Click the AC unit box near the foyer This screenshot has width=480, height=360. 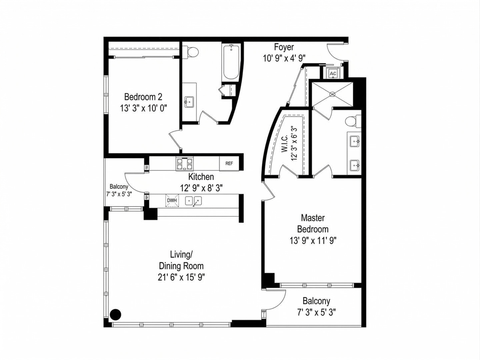[333, 73]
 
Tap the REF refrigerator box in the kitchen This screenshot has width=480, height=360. [229, 163]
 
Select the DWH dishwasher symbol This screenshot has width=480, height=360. [172, 200]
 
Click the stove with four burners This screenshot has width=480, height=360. [185, 163]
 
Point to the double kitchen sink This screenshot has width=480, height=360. [194, 201]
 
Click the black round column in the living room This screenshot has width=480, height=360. [116, 314]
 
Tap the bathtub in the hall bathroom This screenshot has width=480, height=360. [231, 62]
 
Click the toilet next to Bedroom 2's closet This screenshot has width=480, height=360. [192, 52]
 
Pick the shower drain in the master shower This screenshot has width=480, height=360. [332, 95]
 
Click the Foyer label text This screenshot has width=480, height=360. [284, 47]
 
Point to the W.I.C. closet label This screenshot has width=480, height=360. [285, 143]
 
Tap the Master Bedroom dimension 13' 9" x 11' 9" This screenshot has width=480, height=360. [313, 240]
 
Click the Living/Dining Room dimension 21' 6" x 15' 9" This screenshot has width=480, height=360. [181, 277]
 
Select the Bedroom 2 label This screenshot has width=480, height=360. [143, 97]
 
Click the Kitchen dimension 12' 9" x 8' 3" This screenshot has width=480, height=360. [201, 188]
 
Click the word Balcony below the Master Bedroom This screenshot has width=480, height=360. [316, 301]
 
